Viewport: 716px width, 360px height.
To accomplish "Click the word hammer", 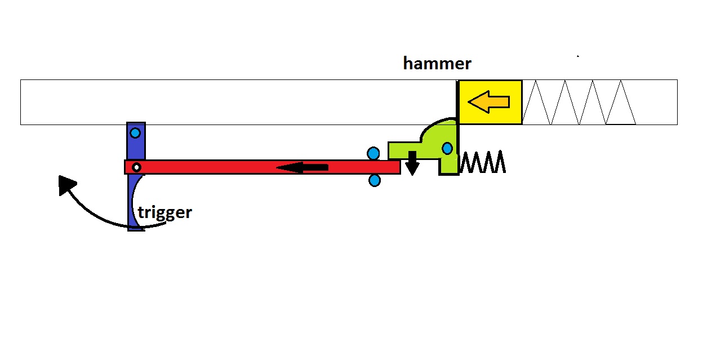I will click(x=437, y=64).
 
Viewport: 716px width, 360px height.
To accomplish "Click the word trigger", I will click(x=165, y=212).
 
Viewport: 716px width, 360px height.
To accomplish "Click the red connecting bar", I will click(x=225, y=167).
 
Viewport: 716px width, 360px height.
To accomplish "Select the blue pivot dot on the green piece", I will click(x=447, y=149).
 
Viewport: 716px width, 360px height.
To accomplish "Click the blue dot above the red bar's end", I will click(x=373, y=153).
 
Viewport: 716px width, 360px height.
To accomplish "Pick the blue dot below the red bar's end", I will click(x=375, y=181).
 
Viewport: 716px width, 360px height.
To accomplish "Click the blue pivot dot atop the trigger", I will click(x=135, y=134).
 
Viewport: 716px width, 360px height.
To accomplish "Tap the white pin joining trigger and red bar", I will click(x=136, y=167).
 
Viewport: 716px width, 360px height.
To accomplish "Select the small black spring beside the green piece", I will click(x=483, y=162).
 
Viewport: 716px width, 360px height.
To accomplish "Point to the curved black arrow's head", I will click(x=66, y=184).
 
